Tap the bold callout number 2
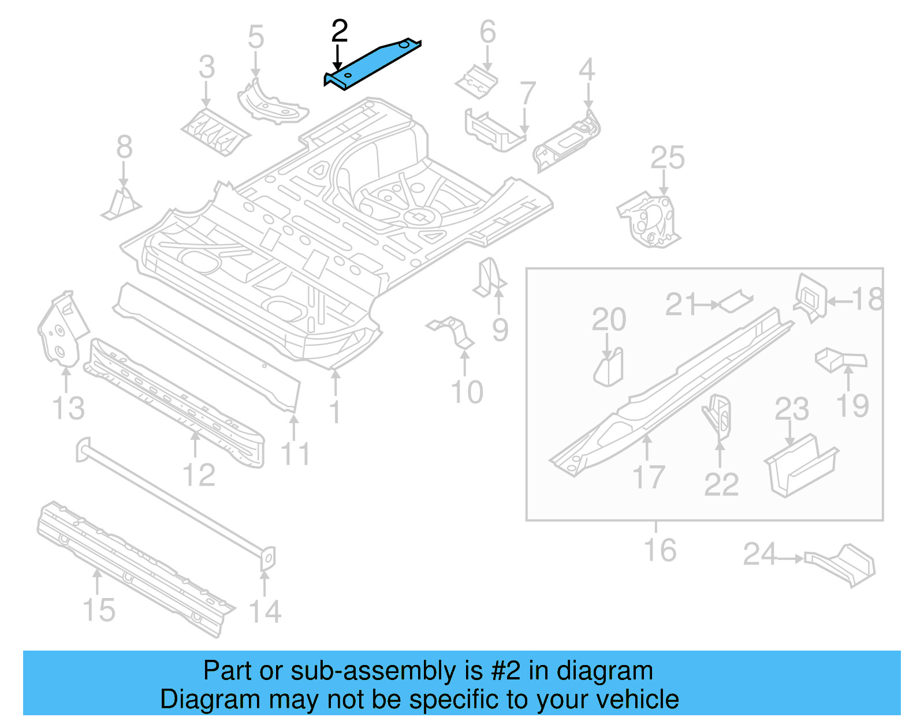click(x=340, y=31)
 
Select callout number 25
click(x=668, y=158)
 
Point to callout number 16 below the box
click(x=660, y=550)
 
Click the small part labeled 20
click(x=609, y=367)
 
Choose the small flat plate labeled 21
click(x=735, y=301)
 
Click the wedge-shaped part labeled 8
click(x=122, y=204)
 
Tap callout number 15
click(x=99, y=610)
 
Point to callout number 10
click(x=467, y=393)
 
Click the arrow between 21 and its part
click(x=707, y=304)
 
